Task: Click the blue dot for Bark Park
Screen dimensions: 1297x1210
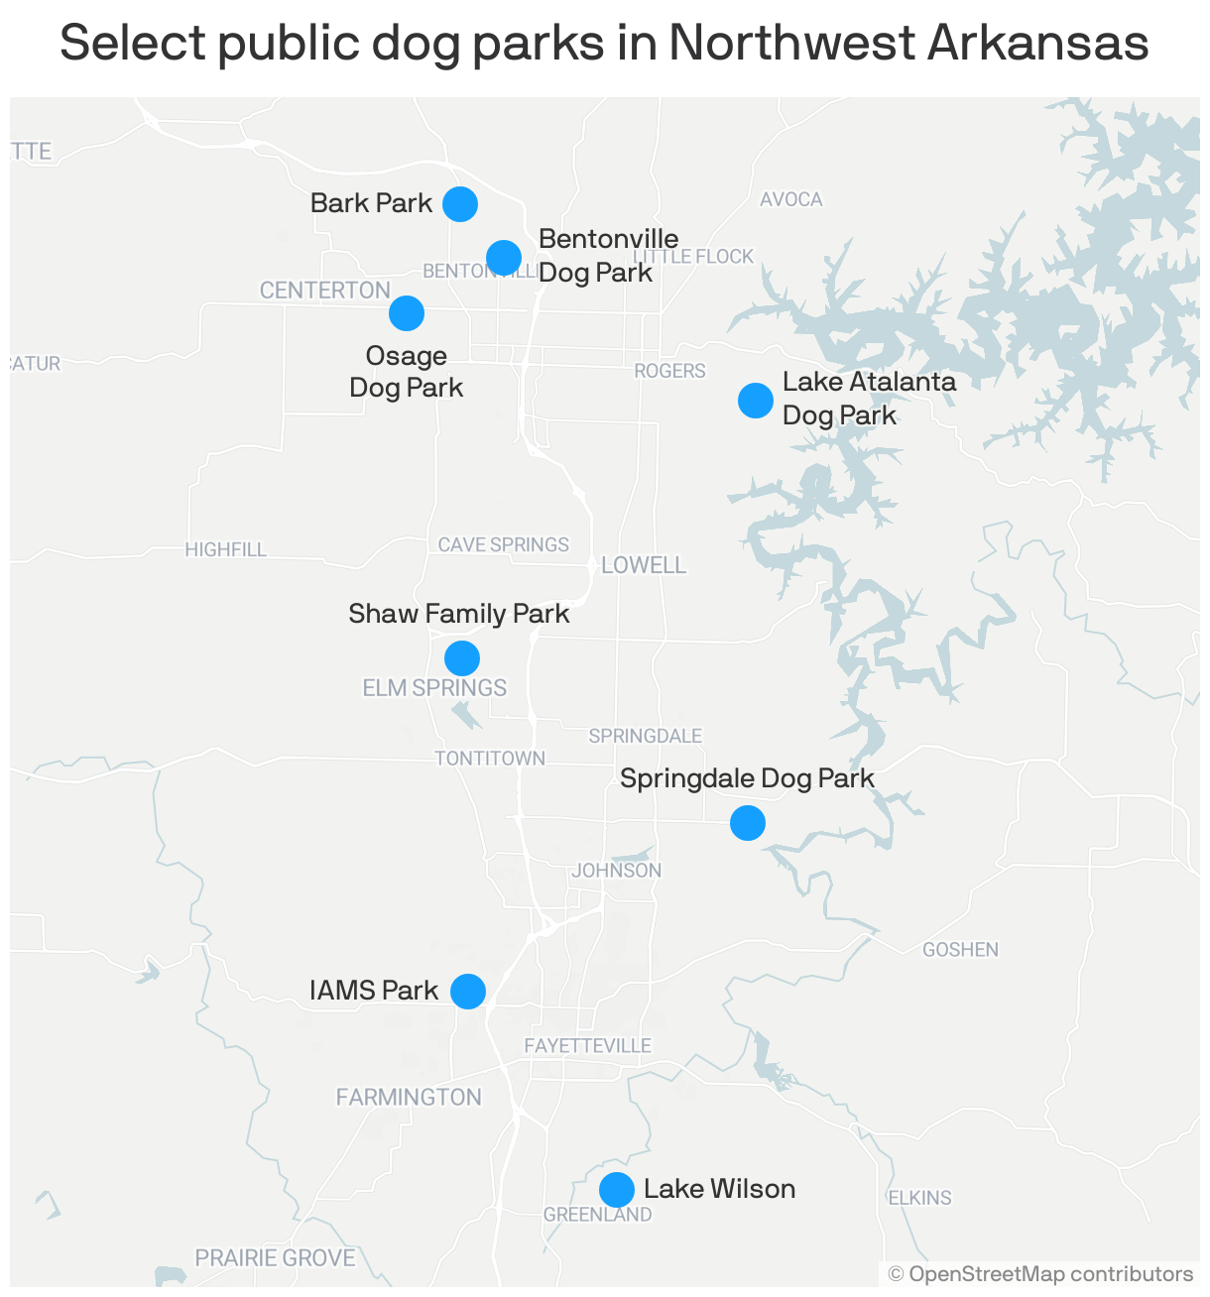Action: pos(460,203)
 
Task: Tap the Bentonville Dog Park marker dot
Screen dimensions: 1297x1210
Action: pos(504,258)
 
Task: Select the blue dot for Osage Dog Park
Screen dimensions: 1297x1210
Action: pos(407,313)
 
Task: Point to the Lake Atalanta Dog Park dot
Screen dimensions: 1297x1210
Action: pos(756,401)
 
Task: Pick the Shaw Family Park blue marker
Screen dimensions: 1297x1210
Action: pos(462,657)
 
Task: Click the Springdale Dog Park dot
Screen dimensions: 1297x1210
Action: pos(748,822)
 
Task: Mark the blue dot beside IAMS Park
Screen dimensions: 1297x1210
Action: pos(468,991)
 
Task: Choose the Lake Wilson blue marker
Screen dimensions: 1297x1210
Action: pos(617,1189)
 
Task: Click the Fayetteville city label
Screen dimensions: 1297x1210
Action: pos(587,1045)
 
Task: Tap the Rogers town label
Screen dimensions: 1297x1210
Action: pos(670,371)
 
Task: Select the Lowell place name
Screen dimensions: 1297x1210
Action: pos(644,565)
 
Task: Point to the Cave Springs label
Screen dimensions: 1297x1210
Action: pos(504,544)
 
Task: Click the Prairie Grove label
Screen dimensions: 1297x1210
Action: pos(275,1258)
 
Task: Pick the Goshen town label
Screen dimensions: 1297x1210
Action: pos(960,950)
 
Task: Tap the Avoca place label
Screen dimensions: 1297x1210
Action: pos(791,199)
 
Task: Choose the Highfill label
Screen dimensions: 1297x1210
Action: pos(226,549)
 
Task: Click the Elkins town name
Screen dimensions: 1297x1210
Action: pos(919,1198)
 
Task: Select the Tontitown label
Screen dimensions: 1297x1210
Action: pos(490,759)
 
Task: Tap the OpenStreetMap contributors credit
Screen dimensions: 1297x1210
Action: pos(1041,1274)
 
